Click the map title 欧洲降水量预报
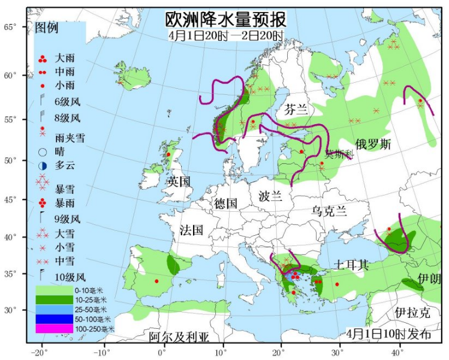pyautogui.click(x=225, y=20)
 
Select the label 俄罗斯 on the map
pyautogui.click(x=373, y=145)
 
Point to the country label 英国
pyautogui.click(x=178, y=181)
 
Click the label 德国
pyautogui.click(x=226, y=203)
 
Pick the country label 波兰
pyautogui.click(x=270, y=196)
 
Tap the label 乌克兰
pyautogui.click(x=329, y=211)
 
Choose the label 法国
pyautogui.click(x=191, y=230)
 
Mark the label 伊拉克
pyautogui.click(x=412, y=313)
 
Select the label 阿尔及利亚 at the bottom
pyautogui.click(x=179, y=337)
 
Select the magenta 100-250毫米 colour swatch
pyautogui.click(x=50, y=329)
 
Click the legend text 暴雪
pyautogui.click(x=64, y=190)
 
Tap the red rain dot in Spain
pyautogui.click(x=156, y=281)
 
